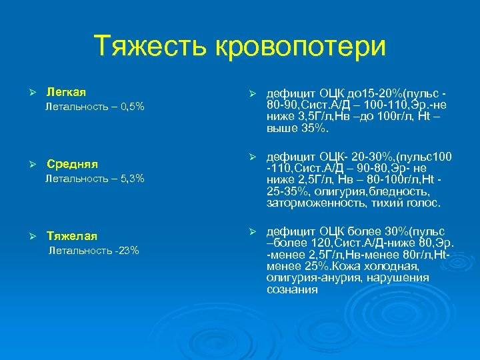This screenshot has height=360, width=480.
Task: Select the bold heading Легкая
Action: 66,91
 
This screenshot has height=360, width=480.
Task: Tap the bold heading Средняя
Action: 72,163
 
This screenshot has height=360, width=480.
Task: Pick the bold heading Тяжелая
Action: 72,235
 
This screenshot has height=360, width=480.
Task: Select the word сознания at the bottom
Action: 292,289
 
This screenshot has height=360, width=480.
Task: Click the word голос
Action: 425,203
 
